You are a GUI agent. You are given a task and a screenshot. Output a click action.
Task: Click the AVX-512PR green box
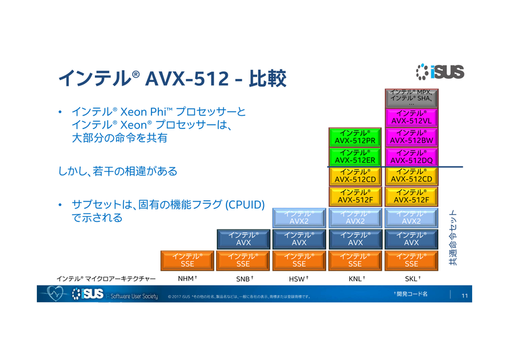tap(355, 137)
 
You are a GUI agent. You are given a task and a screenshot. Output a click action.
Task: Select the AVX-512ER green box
tap(355, 156)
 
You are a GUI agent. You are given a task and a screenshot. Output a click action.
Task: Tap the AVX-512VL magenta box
tap(412, 117)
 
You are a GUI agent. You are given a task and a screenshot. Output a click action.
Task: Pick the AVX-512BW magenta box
tap(412, 137)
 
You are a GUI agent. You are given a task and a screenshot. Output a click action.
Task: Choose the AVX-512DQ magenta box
tap(412, 156)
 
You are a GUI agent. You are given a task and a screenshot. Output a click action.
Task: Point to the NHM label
tap(186, 279)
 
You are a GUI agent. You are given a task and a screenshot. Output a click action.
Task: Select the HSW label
tap(298, 279)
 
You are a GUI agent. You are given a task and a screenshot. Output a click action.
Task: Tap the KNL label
tap(354, 279)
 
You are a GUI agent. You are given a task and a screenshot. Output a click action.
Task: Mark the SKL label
tap(411, 279)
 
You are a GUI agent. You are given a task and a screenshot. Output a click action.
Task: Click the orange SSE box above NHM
tap(187, 260)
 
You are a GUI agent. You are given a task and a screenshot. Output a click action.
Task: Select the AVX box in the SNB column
tap(243, 239)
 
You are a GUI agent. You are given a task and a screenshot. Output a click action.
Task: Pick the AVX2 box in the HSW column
tap(299, 218)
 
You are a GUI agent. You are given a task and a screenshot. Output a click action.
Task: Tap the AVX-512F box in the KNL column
tap(355, 196)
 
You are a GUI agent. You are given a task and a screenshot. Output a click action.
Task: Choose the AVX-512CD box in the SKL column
tap(412, 176)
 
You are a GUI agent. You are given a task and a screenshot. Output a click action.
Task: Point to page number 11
tap(464, 295)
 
